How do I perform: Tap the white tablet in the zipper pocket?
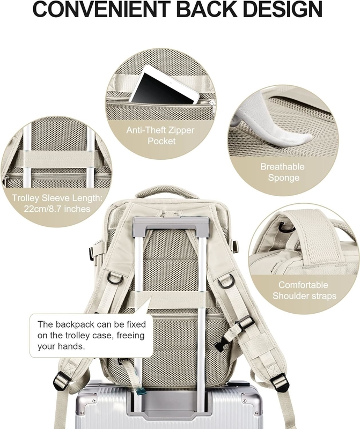[165, 85]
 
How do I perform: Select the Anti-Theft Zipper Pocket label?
[160, 136]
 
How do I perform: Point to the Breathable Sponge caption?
[283, 172]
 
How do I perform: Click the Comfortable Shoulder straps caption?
[304, 290]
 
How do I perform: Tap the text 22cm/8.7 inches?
[57, 209]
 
